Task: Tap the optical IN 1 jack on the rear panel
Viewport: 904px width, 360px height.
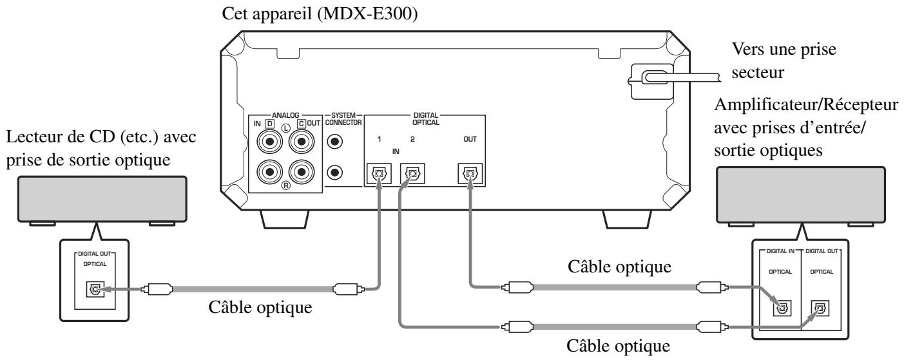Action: tap(378, 174)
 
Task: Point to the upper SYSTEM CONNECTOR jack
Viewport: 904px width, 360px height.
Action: tap(335, 141)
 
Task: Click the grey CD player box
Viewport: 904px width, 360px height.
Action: tap(97, 202)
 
